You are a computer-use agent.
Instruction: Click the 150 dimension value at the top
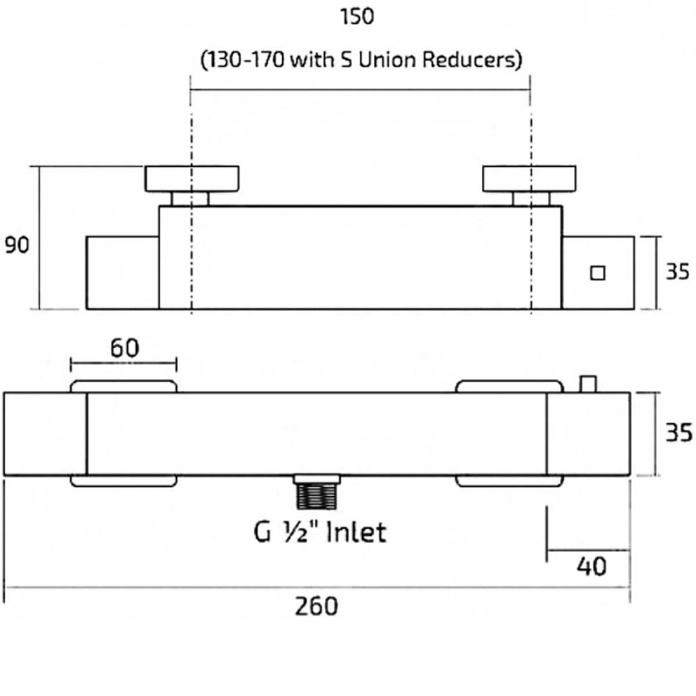pos(359,17)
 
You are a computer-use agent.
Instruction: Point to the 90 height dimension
pos(17,245)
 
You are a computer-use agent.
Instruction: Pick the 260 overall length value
pos(317,606)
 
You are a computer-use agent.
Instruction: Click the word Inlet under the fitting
pos(355,531)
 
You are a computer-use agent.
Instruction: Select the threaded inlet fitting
pos(315,493)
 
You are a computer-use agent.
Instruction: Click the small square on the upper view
pos(597,272)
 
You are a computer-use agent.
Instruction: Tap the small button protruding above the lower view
pos(589,383)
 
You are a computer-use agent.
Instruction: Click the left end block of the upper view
pos(122,271)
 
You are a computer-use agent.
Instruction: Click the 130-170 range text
pos(239,60)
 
